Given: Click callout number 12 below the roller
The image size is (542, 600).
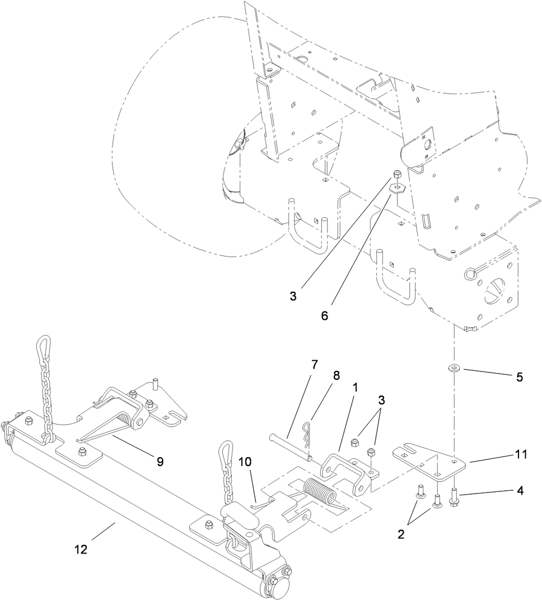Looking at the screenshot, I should pyautogui.click(x=81, y=550).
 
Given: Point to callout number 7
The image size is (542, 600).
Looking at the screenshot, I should pyautogui.click(x=314, y=365).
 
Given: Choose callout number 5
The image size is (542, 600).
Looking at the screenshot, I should pyautogui.click(x=519, y=377).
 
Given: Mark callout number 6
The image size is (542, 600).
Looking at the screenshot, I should pyautogui.click(x=325, y=315).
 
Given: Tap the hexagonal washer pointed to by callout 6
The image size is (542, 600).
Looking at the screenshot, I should pyautogui.click(x=396, y=187).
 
